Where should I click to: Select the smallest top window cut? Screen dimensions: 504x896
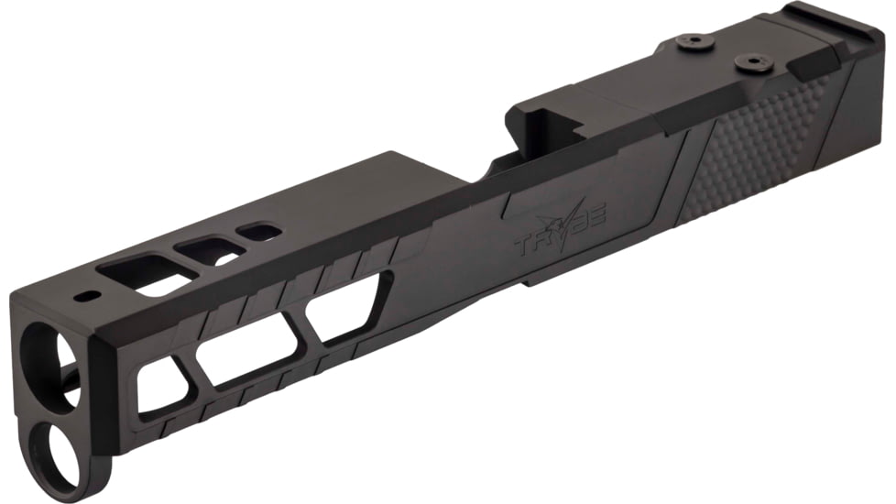[262, 231]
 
